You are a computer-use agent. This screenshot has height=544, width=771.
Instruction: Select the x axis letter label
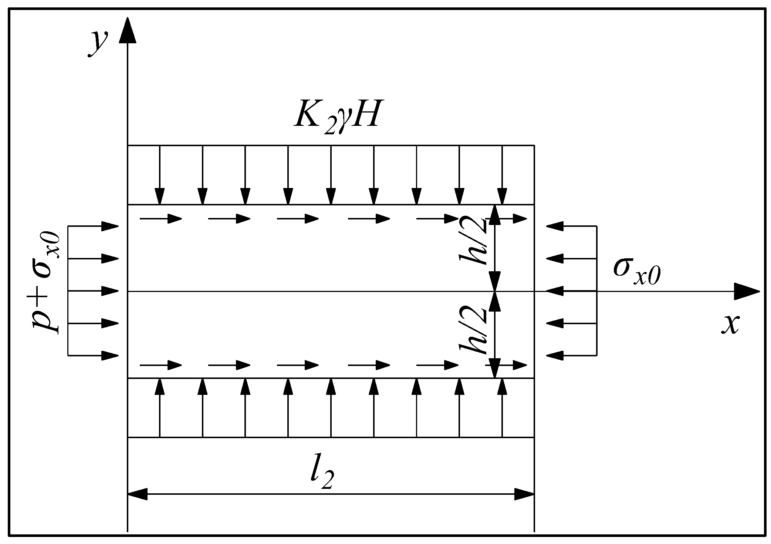730,325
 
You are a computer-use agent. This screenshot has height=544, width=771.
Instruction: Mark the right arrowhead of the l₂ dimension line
524,494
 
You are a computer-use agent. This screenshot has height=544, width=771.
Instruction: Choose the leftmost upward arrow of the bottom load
160,407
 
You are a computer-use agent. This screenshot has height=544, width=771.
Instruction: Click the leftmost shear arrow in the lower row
161,365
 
